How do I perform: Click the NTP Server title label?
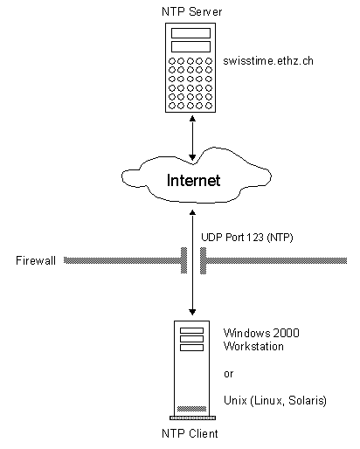[191, 12]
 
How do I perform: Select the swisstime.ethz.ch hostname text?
[268, 61]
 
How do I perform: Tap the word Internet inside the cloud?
[193, 180]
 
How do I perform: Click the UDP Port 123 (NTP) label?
[247, 238]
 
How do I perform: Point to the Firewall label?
[36, 260]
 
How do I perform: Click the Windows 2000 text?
[261, 333]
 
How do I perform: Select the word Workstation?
[253, 346]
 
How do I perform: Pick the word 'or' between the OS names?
[229, 374]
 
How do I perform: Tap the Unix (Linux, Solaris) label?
[275, 401]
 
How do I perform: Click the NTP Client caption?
[190, 433]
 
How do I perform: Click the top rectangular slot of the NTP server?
[190, 33]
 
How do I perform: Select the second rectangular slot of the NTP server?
[190, 46]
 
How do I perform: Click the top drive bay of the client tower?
[191, 330]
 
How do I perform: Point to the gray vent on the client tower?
[191, 409]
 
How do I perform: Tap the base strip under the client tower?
[192, 418]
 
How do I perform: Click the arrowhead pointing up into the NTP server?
[192, 118]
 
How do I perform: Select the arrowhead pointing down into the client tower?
[192, 312]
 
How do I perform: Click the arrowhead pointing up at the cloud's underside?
[192, 212]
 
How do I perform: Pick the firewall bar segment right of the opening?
[273, 260]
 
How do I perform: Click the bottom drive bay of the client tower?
[191, 348]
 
